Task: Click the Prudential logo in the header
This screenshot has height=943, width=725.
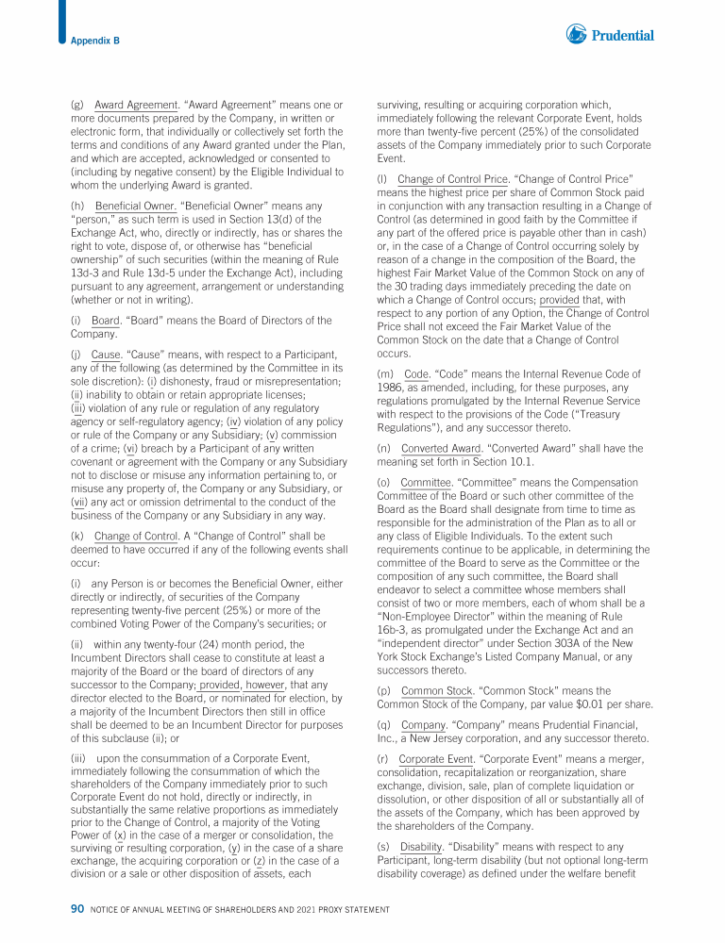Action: (x=610, y=35)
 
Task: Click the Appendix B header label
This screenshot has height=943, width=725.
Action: (x=94, y=41)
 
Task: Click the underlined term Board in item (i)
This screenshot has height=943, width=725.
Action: (x=105, y=321)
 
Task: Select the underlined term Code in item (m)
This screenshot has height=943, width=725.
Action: (x=416, y=374)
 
